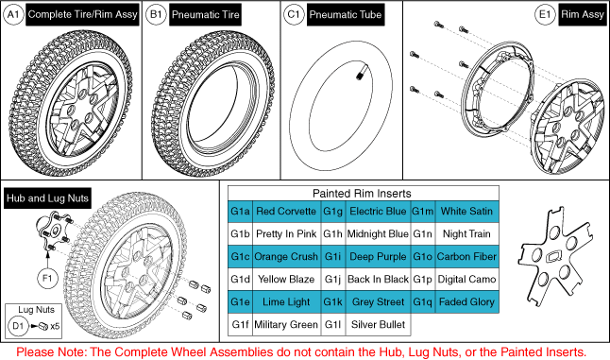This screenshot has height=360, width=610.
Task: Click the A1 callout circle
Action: click(x=13, y=15)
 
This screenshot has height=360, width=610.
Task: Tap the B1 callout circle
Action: click(x=156, y=15)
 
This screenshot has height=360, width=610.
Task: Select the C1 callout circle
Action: click(x=294, y=15)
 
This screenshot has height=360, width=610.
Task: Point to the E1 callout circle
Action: click(x=545, y=15)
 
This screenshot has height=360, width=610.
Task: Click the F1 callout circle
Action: click(x=47, y=279)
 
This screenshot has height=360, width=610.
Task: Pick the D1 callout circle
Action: click(x=18, y=326)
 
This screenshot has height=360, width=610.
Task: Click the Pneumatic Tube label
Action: click(x=346, y=15)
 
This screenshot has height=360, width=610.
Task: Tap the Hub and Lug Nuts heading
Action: click(x=47, y=198)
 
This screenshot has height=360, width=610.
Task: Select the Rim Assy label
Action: click(x=583, y=15)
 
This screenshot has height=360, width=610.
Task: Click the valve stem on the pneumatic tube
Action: click(x=361, y=74)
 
